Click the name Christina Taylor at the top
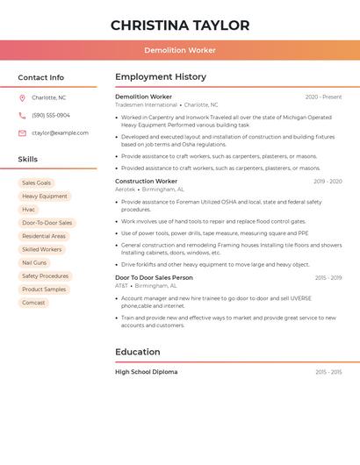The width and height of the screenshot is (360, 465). (180, 25)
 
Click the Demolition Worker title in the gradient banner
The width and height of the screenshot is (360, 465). (180, 50)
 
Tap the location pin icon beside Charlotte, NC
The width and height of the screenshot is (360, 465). (22, 98)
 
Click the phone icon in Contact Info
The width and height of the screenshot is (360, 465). (22, 116)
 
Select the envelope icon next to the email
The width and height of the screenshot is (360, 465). (22, 133)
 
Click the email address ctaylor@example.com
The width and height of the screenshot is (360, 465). (60, 133)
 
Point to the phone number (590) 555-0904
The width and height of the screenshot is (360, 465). (51, 116)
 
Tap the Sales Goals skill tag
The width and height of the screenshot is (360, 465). (37, 183)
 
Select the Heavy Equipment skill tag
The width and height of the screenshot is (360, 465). (45, 197)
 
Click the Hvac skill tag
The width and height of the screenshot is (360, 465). (29, 210)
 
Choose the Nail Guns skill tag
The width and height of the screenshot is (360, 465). (34, 263)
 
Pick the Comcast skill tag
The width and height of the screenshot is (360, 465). (33, 303)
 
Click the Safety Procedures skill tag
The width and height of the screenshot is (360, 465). (46, 276)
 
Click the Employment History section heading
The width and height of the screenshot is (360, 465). (161, 77)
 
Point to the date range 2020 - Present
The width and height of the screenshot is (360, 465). (323, 97)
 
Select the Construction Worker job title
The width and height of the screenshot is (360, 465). (146, 182)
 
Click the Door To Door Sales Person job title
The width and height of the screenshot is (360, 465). (154, 278)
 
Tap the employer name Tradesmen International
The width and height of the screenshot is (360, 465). (146, 105)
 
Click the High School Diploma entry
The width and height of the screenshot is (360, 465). (146, 372)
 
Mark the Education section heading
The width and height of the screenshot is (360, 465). (138, 352)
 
